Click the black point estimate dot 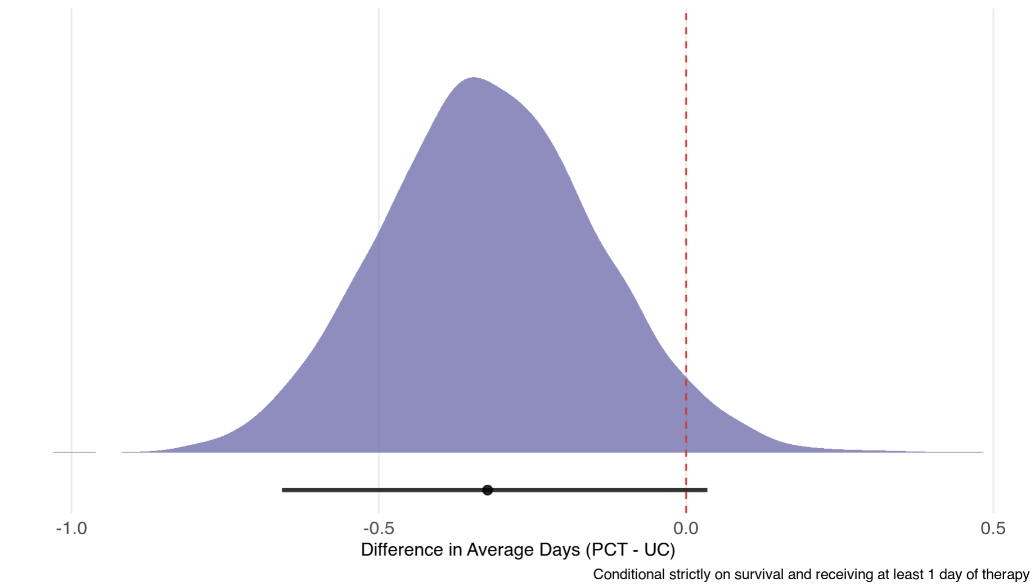click(x=488, y=490)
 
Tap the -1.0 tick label click(x=71, y=529)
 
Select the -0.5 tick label click(x=379, y=529)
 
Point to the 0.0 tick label click(x=686, y=529)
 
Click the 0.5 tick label click(x=993, y=529)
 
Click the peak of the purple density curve click(x=474, y=78)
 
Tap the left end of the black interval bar click(x=283, y=490)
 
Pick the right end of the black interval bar click(x=706, y=490)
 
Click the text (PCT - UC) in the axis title click(x=630, y=549)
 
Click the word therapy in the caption click(x=1009, y=575)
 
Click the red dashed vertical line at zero click(x=686, y=225)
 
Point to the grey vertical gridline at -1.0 click(x=71, y=225)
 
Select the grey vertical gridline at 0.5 click(x=993, y=225)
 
